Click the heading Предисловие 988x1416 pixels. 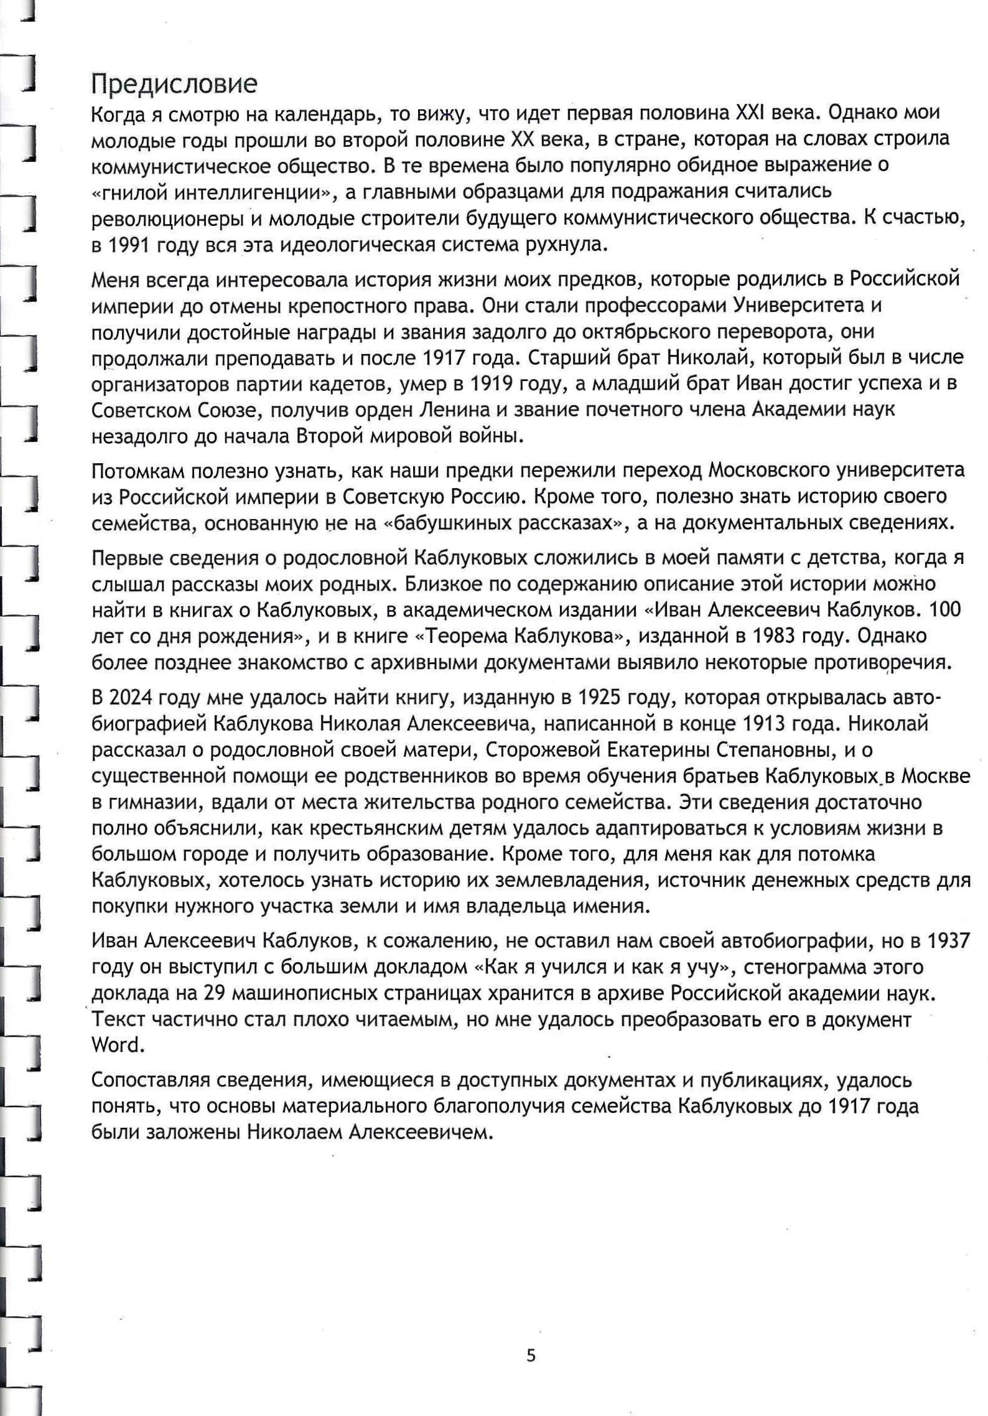coord(174,84)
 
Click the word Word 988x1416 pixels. coord(118,1045)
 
